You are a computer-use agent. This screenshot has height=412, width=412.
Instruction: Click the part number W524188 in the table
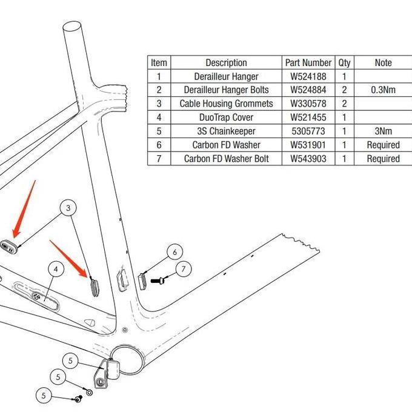(308, 76)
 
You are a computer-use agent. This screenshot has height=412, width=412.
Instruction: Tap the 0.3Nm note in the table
(383, 90)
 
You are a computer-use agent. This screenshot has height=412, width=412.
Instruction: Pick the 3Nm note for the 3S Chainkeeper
(383, 131)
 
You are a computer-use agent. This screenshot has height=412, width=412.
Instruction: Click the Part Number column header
(308, 62)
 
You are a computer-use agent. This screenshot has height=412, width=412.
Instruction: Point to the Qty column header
(344, 62)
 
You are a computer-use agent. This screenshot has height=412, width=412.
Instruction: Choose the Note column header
(383, 62)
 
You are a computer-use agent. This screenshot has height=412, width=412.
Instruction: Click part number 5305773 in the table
(308, 131)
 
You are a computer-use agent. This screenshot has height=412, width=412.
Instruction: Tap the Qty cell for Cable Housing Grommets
(344, 104)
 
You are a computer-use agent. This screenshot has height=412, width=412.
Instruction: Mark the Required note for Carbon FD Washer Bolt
(383, 159)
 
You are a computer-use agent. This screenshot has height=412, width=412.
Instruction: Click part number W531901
(308, 145)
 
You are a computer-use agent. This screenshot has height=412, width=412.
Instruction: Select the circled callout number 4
(56, 268)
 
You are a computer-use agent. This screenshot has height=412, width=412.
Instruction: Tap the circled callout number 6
(174, 252)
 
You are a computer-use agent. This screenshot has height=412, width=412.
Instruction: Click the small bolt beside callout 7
(159, 281)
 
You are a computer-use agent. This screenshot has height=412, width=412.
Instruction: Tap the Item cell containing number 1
(159, 76)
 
